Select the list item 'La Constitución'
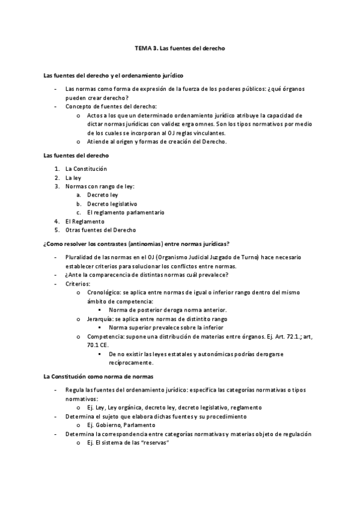(x=86, y=169)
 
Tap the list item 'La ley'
(x=73, y=178)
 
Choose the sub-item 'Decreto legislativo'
(x=112, y=203)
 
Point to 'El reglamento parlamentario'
(x=125, y=212)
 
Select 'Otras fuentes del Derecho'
(x=100, y=230)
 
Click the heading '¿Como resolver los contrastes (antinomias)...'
(x=136, y=244)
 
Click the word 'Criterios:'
(x=78, y=283)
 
